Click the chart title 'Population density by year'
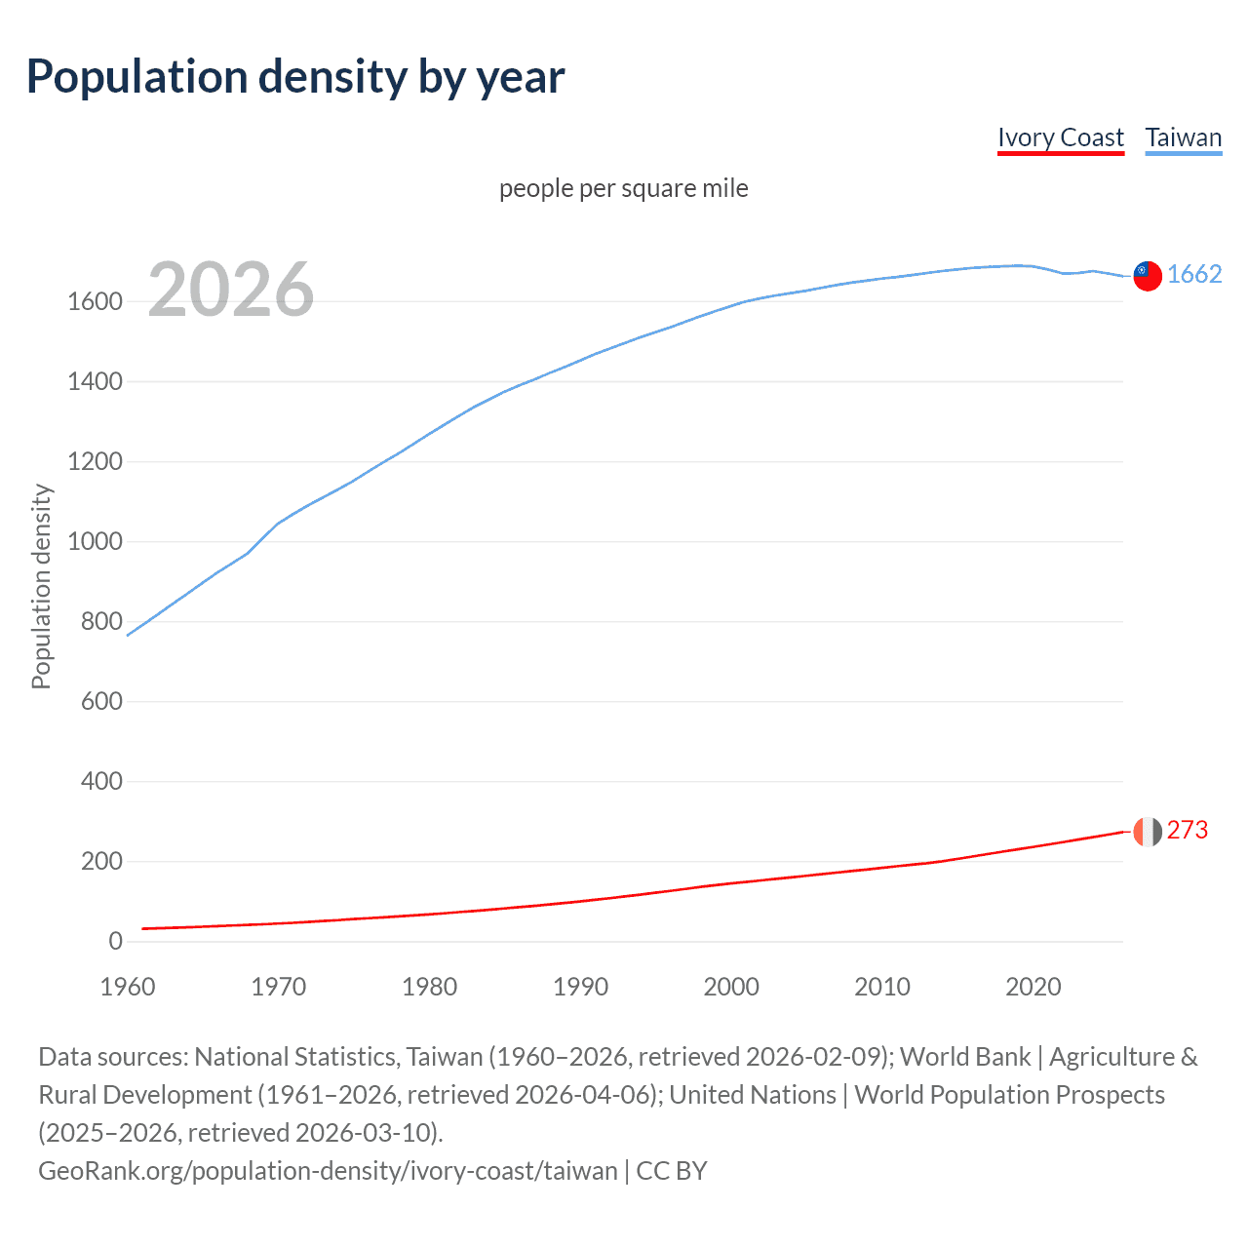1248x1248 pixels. pyautogui.click(x=295, y=77)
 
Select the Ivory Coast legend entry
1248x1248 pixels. pyautogui.click(x=1061, y=137)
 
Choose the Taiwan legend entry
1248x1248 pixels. pyautogui.click(x=1183, y=137)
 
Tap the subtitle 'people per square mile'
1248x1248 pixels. pyautogui.click(x=623, y=188)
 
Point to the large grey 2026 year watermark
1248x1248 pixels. pyautogui.click(x=231, y=290)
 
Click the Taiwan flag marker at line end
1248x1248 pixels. pyautogui.click(x=1148, y=276)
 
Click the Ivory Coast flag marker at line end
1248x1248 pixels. pyautogui.click(x=1148, y=832)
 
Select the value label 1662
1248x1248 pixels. pyautogui.click(x=1194, y=274)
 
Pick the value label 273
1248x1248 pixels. pyautogui.click(x=1188, y=830)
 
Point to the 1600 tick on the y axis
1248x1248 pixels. pyautogui.click(x=95, y=302)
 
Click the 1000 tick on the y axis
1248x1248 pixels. pyautogui.click(x=95, y=542)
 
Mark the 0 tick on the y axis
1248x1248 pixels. pyautogui.click(x=115, y=942)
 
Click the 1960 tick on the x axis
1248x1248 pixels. pyautogui.click(x=128, y=987)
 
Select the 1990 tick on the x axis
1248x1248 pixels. pyautogui.click(x=580, y=987)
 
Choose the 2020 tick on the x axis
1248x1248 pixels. pyautogui.click(x=1033, y=987)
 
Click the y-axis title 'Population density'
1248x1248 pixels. pyautogui.click(x=41, y=587)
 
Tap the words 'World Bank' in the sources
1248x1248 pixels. pyautogui.click(x=965, y=1057)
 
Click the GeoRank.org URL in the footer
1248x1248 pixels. pyautogui.click(x=328, y=1170)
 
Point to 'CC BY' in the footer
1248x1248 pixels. pyautogui.click(x=672, y=1170)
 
